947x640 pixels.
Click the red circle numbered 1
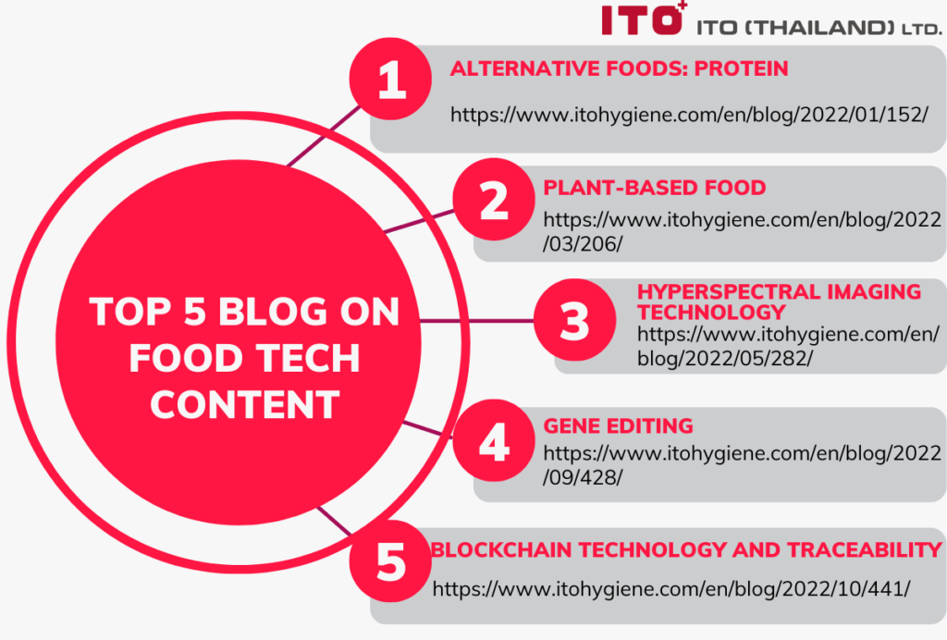(x=390, y=80)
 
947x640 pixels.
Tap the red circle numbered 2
(x=494, y=199)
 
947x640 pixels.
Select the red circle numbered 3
(x=574, y=320)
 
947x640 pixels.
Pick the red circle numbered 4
(x=494, y=440)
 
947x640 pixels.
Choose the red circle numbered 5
(x=390, y=560)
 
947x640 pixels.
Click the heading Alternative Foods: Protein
(x=619, y=68)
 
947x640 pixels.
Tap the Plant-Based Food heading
(x=654, y=188)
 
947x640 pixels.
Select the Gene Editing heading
(x=618, y=426)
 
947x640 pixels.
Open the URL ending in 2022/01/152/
(x=689, y=115)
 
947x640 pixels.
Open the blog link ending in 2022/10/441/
(x=671, y=589)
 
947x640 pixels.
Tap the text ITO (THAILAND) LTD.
(x=819, y=28)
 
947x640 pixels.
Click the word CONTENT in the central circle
(x=244, y=404)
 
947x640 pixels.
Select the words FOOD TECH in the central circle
(x=244, y=358)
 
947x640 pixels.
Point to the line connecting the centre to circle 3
(x=477, y=320)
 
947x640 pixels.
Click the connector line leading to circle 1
(x=324, y=136)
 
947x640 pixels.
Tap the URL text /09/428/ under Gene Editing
(x=583, y=477)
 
